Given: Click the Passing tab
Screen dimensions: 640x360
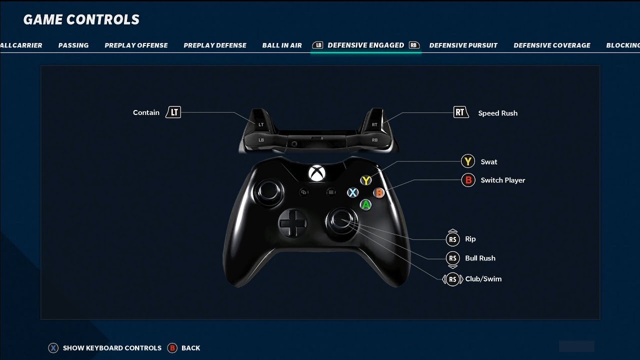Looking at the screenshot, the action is (73, 45).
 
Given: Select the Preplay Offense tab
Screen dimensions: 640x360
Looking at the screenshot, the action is (136, 45).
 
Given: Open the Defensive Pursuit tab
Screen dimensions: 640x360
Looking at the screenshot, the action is (463, 45).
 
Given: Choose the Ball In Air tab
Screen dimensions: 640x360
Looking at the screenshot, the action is (282, 45).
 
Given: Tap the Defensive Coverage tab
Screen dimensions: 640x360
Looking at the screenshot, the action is (551, 45).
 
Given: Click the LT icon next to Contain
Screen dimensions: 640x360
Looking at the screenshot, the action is (173, 112).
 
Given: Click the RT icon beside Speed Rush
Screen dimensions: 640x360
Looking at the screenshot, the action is (460, 112).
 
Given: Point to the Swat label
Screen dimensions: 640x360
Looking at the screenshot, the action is (489, 161).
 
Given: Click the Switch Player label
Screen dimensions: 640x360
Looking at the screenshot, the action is (503, 180).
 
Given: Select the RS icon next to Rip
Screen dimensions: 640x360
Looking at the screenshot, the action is (452, 239).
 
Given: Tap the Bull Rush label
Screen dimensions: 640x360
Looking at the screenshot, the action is (480, 258).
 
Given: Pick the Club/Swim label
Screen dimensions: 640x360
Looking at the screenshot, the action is (483, 279).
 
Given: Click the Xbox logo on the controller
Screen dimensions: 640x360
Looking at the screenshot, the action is (316, 173).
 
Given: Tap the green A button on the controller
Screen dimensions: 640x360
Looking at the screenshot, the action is (365, 205).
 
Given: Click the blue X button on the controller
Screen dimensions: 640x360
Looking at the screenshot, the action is (353, 192).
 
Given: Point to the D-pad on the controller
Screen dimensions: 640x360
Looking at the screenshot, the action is (292, 223).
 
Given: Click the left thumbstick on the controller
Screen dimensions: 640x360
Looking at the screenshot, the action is (268, 191).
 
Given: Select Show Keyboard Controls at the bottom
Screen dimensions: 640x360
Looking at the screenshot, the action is (112, 348).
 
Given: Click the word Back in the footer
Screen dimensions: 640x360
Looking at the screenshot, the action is (191, 348).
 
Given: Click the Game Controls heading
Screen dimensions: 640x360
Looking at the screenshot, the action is (81, 19).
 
